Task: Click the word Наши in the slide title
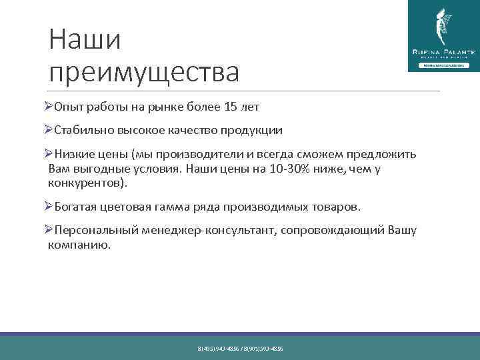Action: (85, 40)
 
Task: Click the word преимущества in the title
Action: (144, 72)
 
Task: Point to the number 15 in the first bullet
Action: (233, 107)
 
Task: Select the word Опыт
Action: (68, 107)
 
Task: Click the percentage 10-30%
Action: (288, 169)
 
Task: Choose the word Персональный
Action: (97, 231)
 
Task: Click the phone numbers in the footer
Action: (240, 349)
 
